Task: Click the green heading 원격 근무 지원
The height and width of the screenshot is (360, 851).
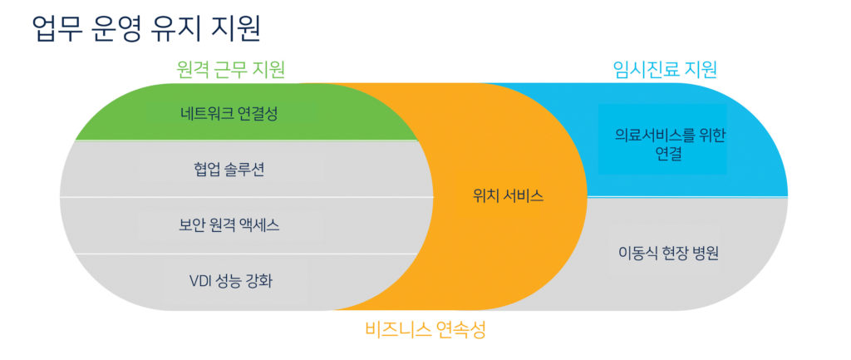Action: coord(231,70)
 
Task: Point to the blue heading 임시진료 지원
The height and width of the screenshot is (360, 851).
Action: coord(665,69)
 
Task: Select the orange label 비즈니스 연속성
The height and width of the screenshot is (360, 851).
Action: coord(425,329)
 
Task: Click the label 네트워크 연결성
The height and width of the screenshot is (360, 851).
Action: coord(229,115)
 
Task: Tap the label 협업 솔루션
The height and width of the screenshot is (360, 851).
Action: coord(229,170)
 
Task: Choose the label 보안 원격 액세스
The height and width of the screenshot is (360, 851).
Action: coord(229,225)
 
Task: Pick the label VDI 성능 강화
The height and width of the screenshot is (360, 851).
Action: coord(230,281)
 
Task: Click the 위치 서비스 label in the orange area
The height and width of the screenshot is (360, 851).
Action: coord(509,196)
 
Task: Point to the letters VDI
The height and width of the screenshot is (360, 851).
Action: coord(201,281)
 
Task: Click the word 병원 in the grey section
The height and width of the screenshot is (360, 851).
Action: coord(706,254)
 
